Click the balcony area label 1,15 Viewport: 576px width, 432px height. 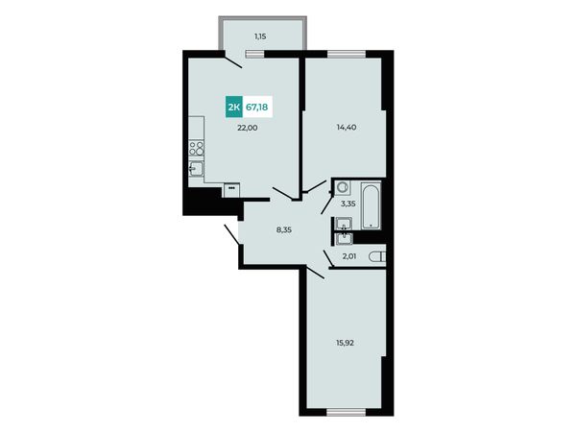pos(260,36)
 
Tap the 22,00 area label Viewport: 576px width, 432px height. pos(248,128)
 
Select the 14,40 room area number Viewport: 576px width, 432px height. pos(347,128)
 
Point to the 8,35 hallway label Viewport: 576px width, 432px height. pos(284,230)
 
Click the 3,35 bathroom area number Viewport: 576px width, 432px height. pos(348,204)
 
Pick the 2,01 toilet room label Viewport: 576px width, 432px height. pos(349,256)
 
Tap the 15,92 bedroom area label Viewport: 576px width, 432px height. pos(345,343)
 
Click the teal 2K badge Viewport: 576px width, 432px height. pos(234,108)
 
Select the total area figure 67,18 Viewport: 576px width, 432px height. pos(256,108)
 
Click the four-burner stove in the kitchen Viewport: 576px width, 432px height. pos(197,149)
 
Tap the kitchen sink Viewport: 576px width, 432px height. pos(196,169)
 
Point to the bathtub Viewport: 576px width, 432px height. pos(371,205)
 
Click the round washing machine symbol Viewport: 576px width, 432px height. pos(343,188)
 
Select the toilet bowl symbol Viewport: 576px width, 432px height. pos(377,256)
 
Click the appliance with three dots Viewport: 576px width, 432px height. pos(231,190)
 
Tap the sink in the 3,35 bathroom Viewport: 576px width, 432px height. pos(344,224)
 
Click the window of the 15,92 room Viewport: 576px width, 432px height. pos(346,413)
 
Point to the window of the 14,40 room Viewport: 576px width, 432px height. pos(347,54)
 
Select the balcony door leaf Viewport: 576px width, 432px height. pos(233,61)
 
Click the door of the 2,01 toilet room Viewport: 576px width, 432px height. pos(328,258)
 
